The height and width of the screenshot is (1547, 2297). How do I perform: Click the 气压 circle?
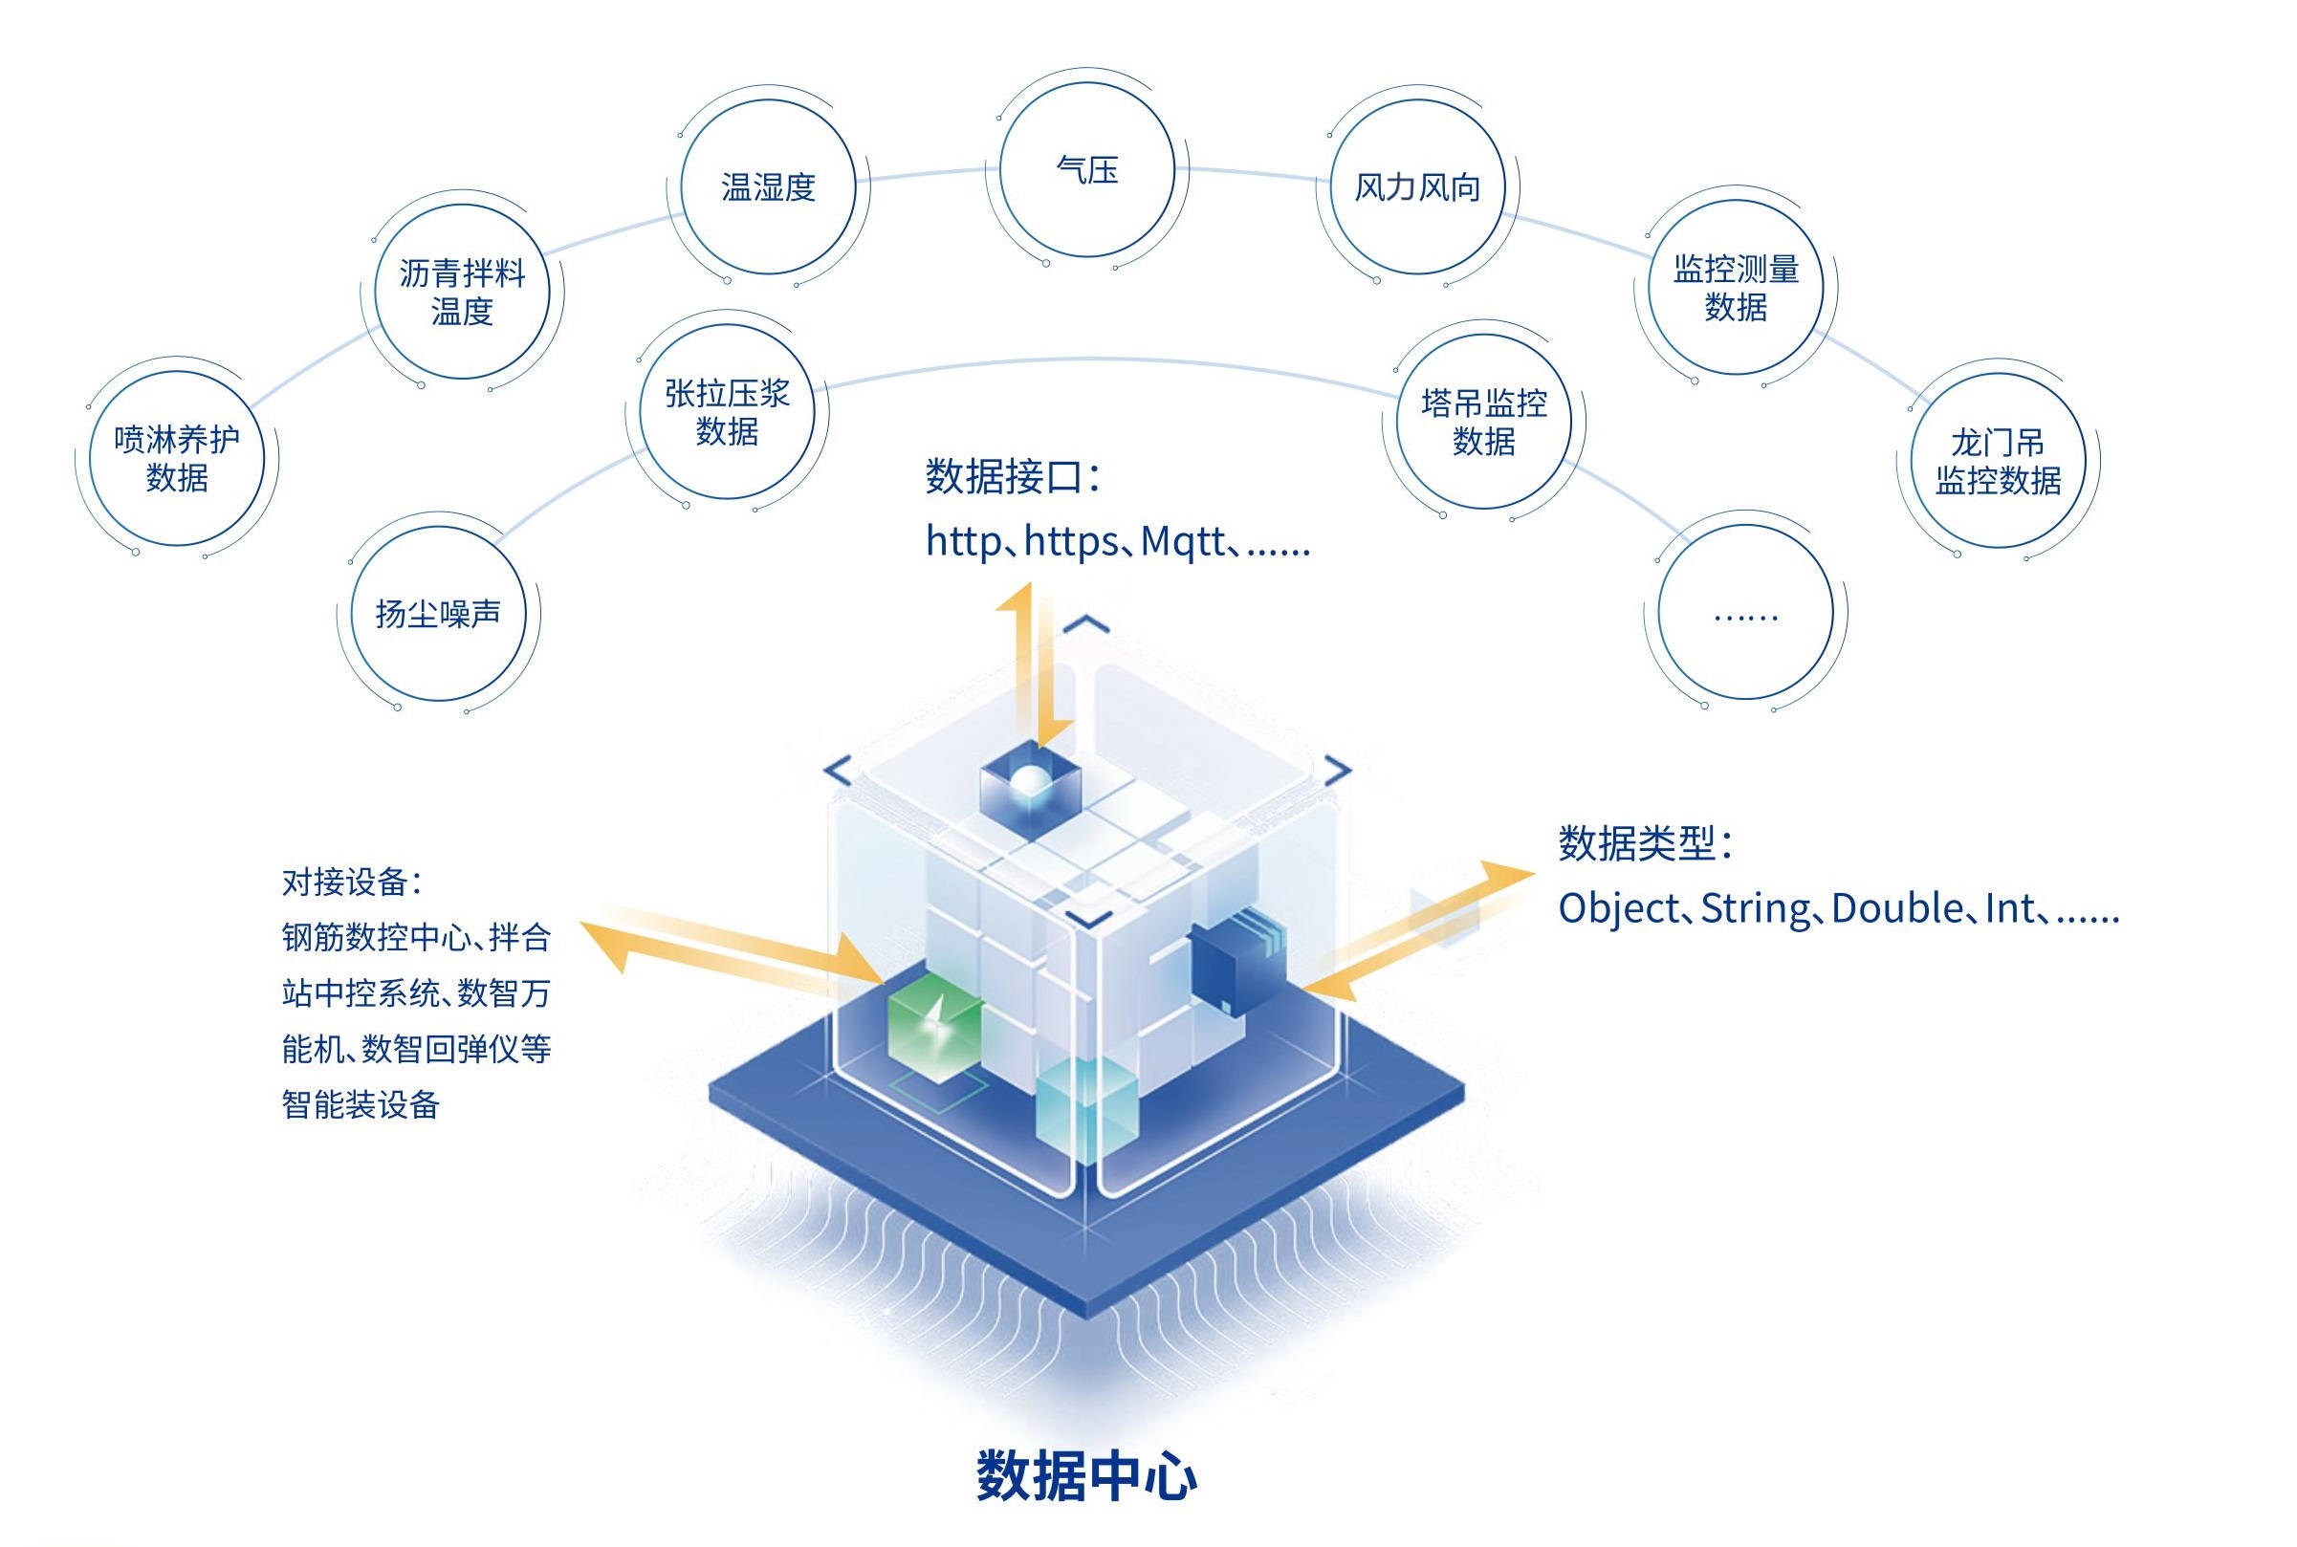click(x=1086, y=169)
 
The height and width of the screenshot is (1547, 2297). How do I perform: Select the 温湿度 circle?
click(x=768, y=186)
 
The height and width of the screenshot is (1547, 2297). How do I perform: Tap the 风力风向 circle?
click(x=1417, y=186)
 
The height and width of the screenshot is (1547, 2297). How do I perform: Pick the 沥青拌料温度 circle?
click(x=462, y=291)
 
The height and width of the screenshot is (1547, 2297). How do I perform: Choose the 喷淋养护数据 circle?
click(x=177, y=459)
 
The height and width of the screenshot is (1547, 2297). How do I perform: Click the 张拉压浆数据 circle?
click(x=727, y=412)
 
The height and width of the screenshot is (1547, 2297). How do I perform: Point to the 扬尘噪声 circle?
click(x=438, y=614)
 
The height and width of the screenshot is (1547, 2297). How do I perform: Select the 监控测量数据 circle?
click(x=1736, y=287)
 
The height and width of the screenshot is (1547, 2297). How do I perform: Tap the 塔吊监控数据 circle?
click(x=1484, y=422)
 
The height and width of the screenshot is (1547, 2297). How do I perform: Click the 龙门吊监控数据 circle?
click(x=1998, y=461)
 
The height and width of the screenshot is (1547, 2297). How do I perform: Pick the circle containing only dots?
click(x=1745, y=613)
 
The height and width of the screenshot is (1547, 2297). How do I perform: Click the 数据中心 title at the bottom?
click(x=1086, y=1475)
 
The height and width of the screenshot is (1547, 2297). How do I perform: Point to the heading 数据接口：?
click(x=1013, y=476)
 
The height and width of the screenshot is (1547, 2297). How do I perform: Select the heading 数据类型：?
click(x=1645, y=843)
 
